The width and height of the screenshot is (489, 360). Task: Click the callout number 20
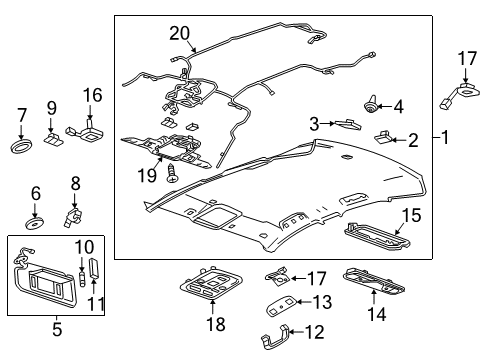point(179,32)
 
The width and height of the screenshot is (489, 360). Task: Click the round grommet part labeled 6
point(35,218)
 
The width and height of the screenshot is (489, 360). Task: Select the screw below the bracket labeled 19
point(173,174)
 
